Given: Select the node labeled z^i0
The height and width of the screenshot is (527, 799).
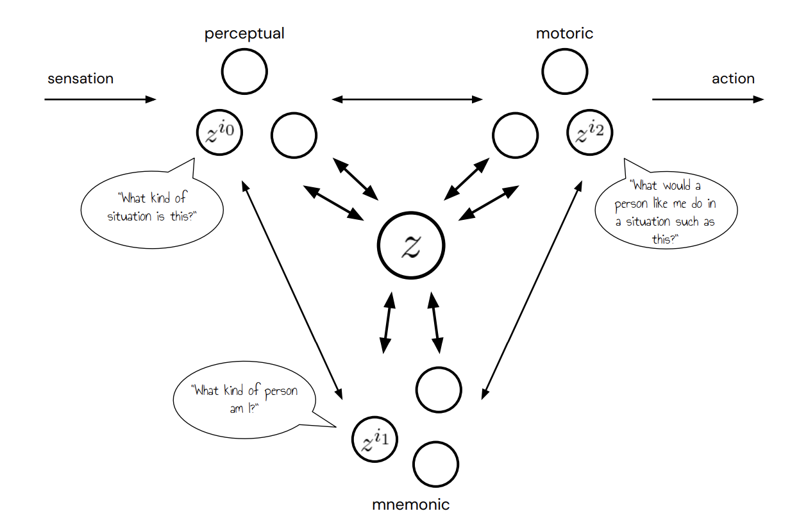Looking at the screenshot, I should click(x=218, y=134).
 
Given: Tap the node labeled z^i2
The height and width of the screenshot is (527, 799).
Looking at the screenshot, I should click(x=590, y=134).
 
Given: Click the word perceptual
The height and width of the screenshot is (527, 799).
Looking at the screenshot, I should click(x=244, y=33).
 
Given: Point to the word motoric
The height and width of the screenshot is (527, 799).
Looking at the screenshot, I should click(x=564, y=33).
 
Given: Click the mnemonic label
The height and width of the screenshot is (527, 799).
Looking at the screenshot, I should click(x=411, y=505).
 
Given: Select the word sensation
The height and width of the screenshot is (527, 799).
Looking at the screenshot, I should click(x=80, y=79).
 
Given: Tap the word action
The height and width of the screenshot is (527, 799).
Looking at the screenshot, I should click(x=733, y=79).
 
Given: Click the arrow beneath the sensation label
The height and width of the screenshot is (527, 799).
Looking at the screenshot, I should click(x=100, y=99).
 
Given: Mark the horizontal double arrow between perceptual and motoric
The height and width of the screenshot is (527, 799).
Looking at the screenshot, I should click(x=407, y=99).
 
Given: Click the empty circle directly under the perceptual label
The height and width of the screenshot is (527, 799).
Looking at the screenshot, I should click(x=244, y=71).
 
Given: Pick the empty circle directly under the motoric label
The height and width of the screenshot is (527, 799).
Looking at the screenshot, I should click(x=564, y=71).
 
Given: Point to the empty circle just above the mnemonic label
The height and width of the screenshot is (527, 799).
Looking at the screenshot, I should click(x=436, y=464).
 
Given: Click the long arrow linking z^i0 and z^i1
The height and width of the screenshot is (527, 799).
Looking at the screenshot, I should click(x=291, y=289).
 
